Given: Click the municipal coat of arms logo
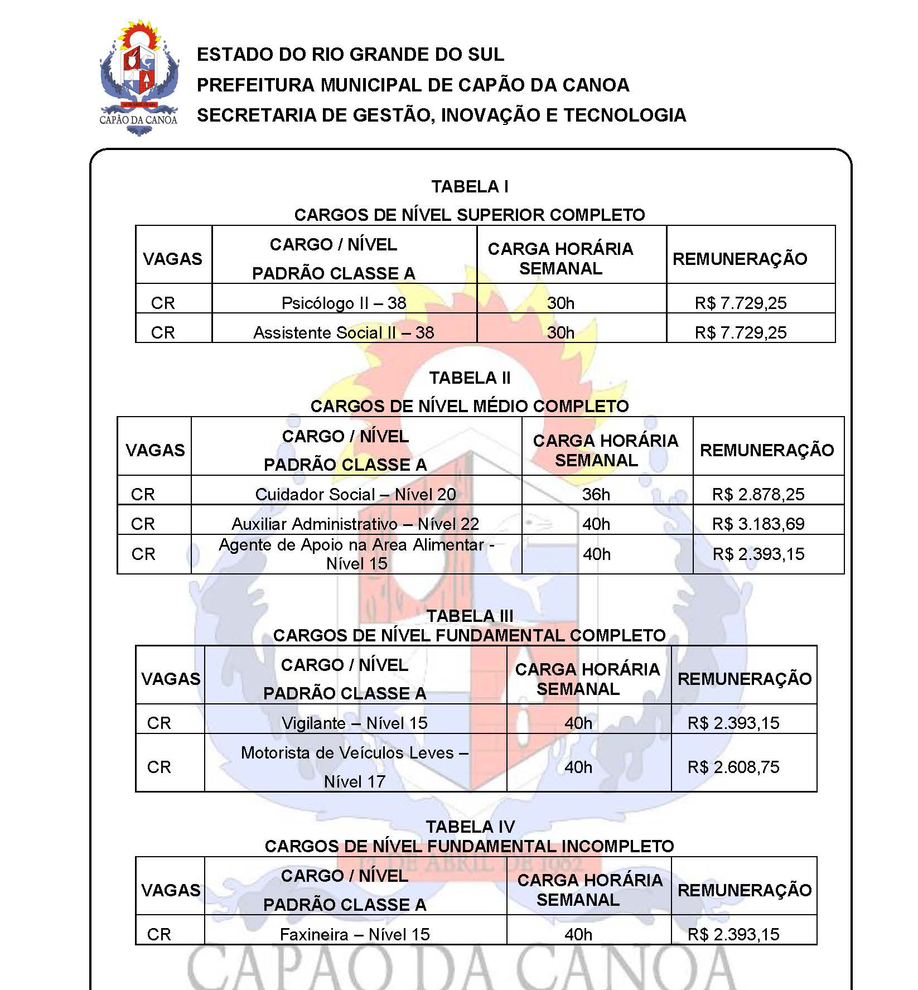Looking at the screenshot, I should point(139,78).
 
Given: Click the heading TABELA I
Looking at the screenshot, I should point(470,186).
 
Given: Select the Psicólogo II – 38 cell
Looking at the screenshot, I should point(344,303).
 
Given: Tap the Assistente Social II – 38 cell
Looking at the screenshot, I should point(344,332).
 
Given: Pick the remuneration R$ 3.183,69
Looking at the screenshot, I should point(758,524).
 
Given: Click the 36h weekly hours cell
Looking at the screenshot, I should point(596,494).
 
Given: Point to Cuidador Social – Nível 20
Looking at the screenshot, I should point(355,494).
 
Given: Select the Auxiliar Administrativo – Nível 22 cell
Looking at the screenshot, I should point(355,524).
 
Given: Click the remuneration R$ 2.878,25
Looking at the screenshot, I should point(758,494).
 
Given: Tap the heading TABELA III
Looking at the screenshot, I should point(470,616).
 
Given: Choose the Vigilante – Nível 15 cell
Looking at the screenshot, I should point(355,723).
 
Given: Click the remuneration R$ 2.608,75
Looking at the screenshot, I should point(733,767).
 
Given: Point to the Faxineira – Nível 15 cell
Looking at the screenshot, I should point(355,934).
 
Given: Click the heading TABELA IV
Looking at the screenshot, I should point(470,827).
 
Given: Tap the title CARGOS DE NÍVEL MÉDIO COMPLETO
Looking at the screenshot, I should point(470,406).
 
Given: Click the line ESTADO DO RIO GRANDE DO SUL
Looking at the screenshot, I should point(350,54).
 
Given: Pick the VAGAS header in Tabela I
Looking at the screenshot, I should point(172,259).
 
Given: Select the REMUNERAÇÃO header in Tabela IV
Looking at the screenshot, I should point(745,890).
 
